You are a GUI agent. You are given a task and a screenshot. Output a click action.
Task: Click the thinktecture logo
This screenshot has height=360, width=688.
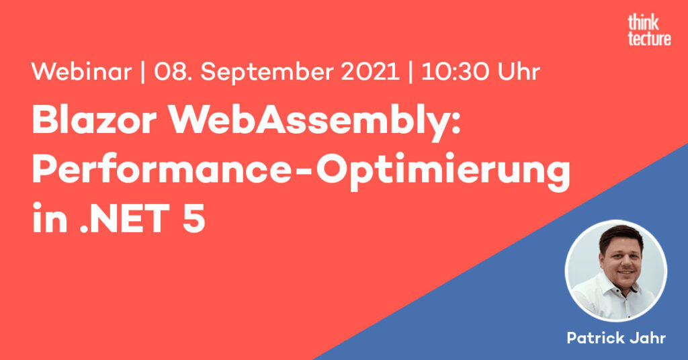pyautogui.click(x=649, y=30)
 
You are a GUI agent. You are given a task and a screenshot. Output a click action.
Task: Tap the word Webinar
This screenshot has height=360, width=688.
pyautogui.click(x=81, y=71)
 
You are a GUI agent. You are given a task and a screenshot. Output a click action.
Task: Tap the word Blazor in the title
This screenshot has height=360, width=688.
pyautogui.click(x=94, y=120)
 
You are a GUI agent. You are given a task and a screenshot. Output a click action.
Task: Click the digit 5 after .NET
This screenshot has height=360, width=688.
pyautogui.click(x=193, y=218)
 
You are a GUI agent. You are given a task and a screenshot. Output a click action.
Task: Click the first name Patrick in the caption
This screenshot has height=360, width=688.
pyautogui.click(x=595, y=338)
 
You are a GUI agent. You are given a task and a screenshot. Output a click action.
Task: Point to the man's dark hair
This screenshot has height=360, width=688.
pyautogui.click(x=620, y=235)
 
